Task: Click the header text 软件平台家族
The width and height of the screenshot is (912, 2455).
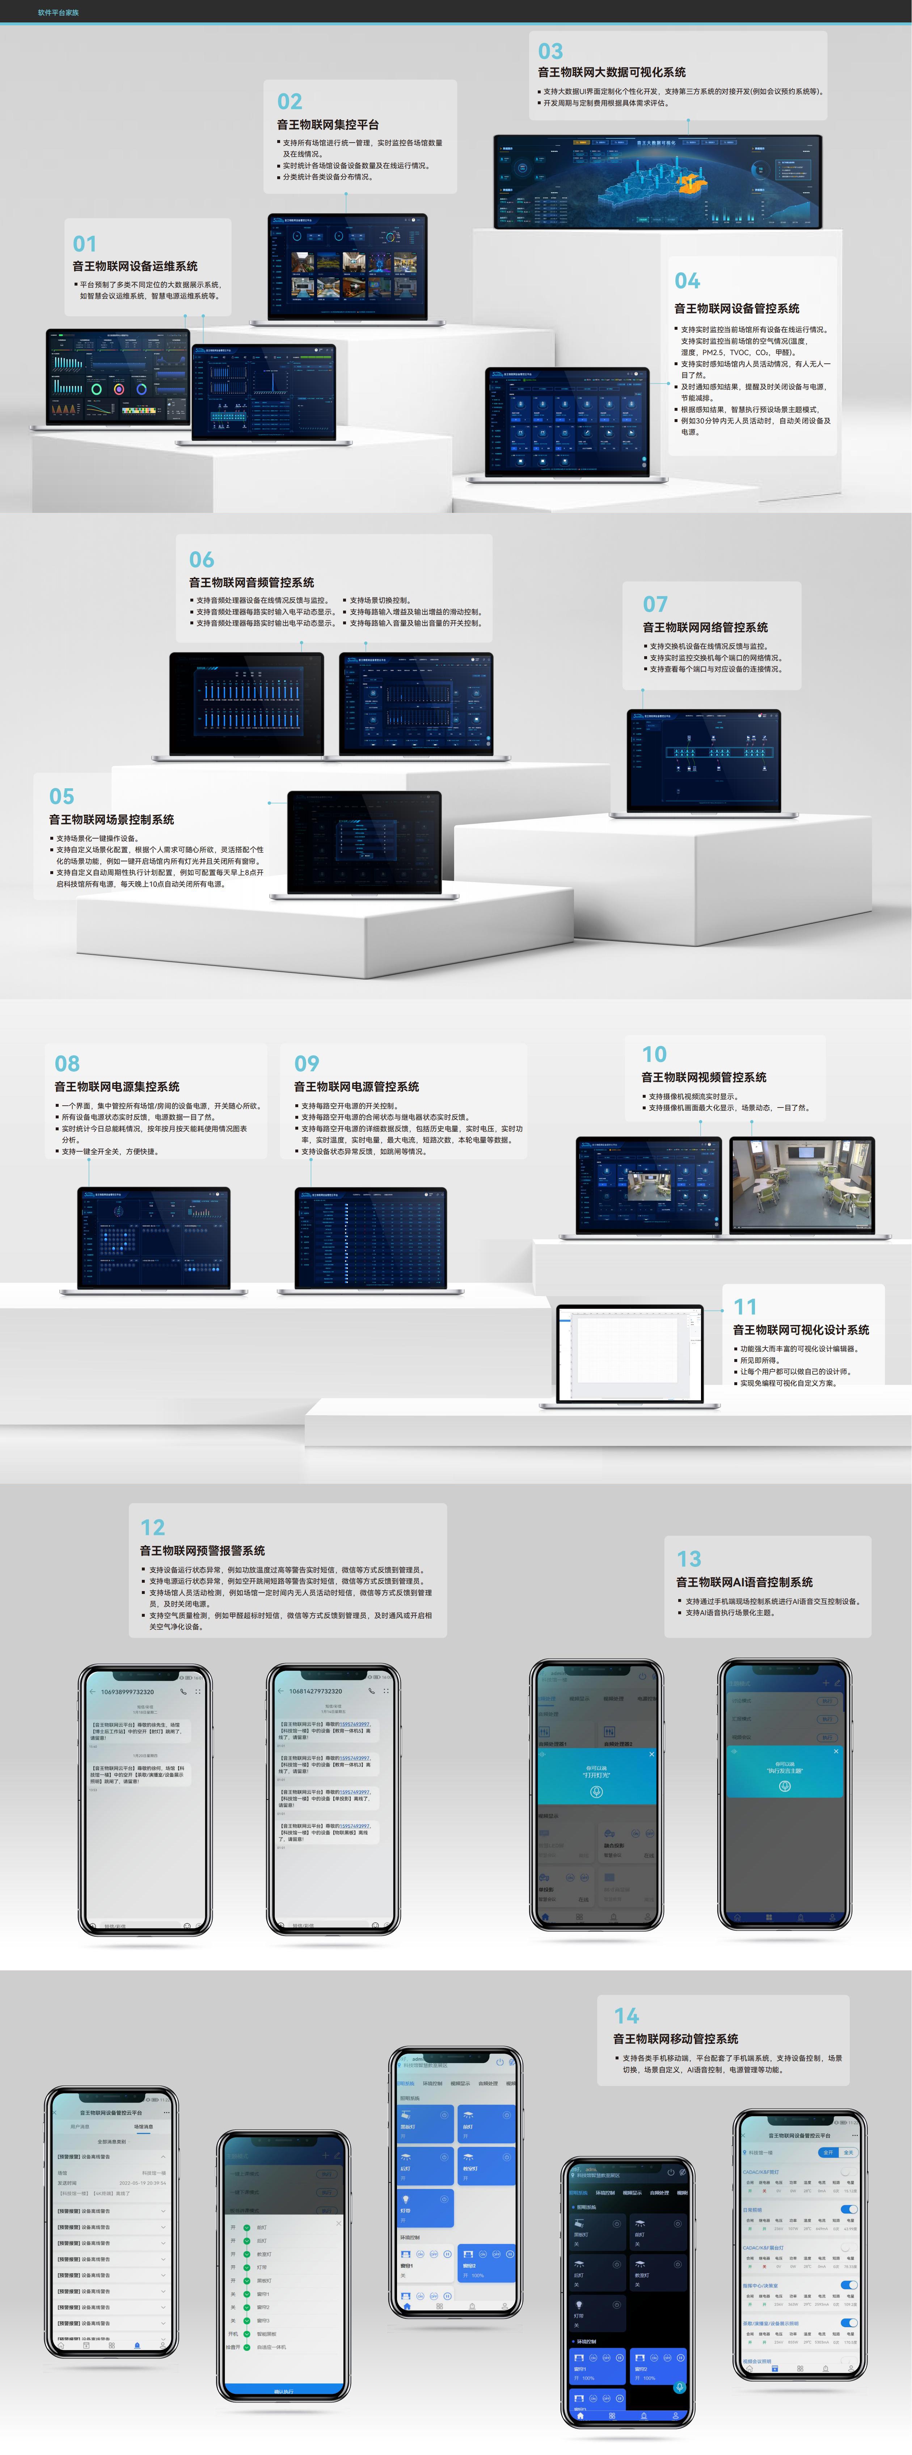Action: click(x=58, y=12)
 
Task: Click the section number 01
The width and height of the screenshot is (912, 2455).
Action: click(x=85, y=244)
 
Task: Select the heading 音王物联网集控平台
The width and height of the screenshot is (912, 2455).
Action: click(x=328, y=125)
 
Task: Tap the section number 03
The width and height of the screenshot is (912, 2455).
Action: click(x=551, y=51)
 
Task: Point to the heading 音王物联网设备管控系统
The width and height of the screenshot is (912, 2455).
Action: click(x=736, y=309)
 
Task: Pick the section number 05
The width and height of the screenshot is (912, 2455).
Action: click(x=62, y=796)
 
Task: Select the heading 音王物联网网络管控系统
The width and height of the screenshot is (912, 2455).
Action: click(x=705, y=627)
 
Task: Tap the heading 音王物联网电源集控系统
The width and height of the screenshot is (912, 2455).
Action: click(x=117, y=1087)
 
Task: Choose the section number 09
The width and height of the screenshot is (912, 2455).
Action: click(x=307, y=1064)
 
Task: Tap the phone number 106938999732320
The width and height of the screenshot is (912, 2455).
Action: click(x=128, y=1692)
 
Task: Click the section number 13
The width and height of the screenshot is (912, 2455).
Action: click(x=689, y=1559)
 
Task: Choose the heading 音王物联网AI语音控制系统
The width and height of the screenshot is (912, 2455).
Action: click(x=744, y=1582)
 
